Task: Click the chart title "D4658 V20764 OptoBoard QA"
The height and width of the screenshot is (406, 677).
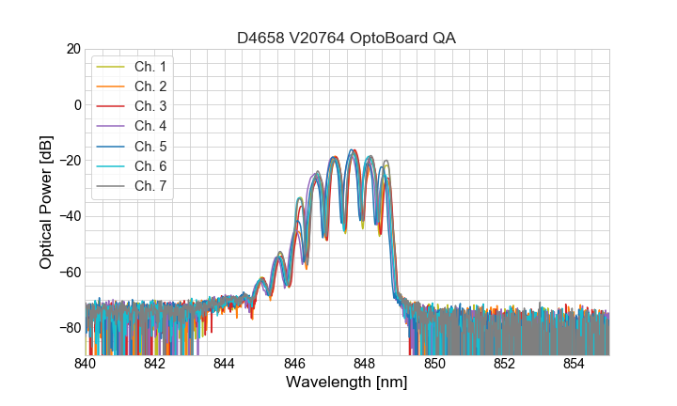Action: pyautogui.click(x=347, y=37)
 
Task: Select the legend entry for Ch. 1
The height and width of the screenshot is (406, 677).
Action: pyautogui.click(x=150, y=66)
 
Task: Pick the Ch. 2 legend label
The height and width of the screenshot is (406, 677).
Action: pyautogui.click(x=150, y=86)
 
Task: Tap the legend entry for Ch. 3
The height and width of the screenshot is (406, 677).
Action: pyautogui.click(x=150, y=105)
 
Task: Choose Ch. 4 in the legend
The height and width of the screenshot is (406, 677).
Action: pyautogui.click(x=150, y=125)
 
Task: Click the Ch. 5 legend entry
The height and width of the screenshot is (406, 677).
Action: pyautogui.click(x=150, y=146)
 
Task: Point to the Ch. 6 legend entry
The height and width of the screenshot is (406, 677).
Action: pyautogui.click(x=150, y=165)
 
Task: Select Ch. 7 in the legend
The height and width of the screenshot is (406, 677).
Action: pyautogui.click(x=150, y=185)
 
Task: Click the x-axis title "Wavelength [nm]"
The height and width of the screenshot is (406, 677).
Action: pyautogui.click(x=347, y=383)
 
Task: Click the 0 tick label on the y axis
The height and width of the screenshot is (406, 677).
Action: pyautogui.click(x=77, y=104)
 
